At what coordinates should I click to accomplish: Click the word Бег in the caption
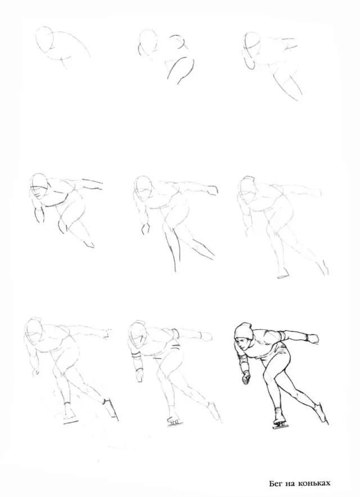click(276, 483)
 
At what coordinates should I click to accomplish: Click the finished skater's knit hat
click(244, 332)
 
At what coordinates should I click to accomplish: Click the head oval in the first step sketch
click(44, 39)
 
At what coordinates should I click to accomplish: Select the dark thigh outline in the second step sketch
click(181, 69)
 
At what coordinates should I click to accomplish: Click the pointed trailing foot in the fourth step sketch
click(89, 243)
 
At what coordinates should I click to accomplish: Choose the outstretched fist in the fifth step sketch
click(211, 190)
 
